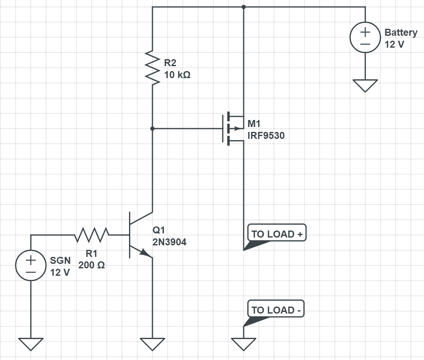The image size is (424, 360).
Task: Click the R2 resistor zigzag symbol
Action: pos(152,68)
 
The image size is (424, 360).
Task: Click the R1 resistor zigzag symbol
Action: pos(92,235)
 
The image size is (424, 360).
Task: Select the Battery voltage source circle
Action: pos(365,38)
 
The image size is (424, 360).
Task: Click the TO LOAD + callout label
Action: pos(277,234)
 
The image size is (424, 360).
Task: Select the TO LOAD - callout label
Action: pos(276,310)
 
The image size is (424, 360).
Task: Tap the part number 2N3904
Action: pos(169,242)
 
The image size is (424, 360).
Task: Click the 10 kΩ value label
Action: pos(177,75)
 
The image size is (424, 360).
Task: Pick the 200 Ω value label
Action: pos(92,265)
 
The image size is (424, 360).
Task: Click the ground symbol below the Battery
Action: pos(365,85)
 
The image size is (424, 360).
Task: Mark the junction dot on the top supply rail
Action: pos(244,7)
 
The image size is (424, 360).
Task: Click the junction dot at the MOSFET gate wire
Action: pos(152,129)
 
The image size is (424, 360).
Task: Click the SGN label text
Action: pos(60,261)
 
